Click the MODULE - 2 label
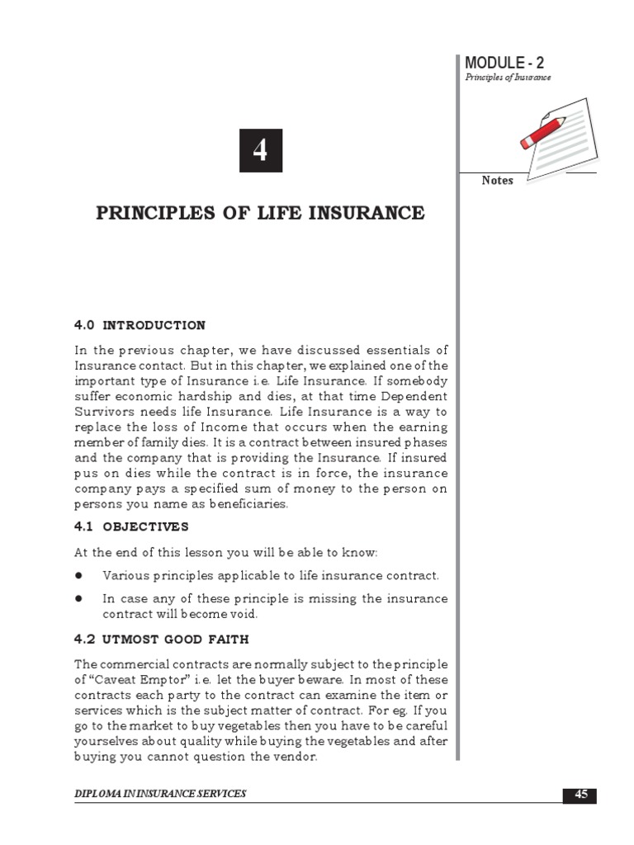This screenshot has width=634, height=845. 504,63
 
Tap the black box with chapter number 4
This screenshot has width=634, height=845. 261,150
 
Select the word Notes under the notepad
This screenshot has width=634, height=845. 497,181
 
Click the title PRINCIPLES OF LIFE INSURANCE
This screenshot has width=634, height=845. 261,214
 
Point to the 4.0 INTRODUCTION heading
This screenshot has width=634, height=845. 140,325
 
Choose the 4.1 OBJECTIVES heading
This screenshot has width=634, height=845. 131,526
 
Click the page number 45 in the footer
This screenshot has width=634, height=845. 581,795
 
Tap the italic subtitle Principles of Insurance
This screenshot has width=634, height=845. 508,78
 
